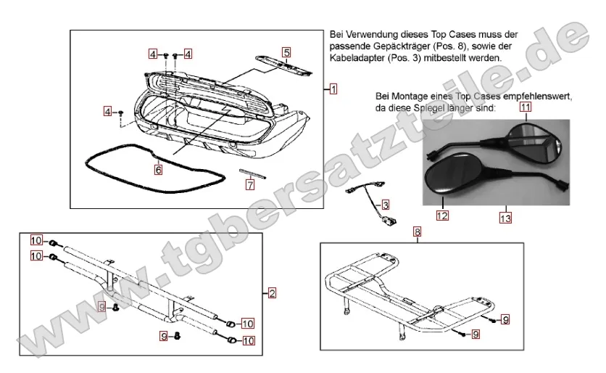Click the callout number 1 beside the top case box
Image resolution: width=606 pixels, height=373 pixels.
pos(333,89)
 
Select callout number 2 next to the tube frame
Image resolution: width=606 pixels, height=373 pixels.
pos(272,293)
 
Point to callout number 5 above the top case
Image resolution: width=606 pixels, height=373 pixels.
pos(286,52)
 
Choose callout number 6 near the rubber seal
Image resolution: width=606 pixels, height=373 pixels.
pos(158,170)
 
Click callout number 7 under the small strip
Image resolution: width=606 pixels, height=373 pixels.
pos(250,184)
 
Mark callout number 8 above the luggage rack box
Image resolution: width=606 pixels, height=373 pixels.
pos(417,232)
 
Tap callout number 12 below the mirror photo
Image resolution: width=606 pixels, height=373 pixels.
pos(441,215)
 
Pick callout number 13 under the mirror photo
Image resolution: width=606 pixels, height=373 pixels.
pos(506,215)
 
